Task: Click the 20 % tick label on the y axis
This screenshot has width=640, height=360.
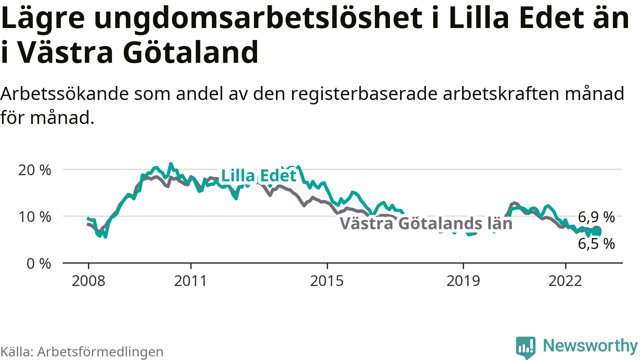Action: [x=35, y=170]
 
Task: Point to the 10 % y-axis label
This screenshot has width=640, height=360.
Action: [x=35, y=217]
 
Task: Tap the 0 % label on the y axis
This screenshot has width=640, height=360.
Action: [x=39, y=264]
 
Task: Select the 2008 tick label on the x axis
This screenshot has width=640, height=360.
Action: [x=88, y=281]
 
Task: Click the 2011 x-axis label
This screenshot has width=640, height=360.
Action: [x=191, y=281]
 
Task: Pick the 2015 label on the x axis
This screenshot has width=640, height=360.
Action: [x=327, y=281]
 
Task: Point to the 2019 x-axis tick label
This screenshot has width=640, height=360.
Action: [x=463, y=281]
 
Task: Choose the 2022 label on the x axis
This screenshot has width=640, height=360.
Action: [x=565, y=281]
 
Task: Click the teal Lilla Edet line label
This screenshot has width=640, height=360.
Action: [x=259, y=176]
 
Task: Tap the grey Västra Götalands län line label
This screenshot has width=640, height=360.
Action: [x=426, y=223]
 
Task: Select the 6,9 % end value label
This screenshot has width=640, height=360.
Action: [x=596, y=217]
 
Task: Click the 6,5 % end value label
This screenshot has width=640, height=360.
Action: [x=596, y=244]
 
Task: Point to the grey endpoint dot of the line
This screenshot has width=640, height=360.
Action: [x=596, y=230]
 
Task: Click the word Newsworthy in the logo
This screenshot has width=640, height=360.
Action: [x=590, y=346]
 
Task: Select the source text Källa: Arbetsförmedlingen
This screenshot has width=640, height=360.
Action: [x=82, y=352]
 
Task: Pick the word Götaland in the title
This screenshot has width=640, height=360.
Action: [x=190, y=52]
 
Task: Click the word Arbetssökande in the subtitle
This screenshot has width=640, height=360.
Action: [x=64, y=94]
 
